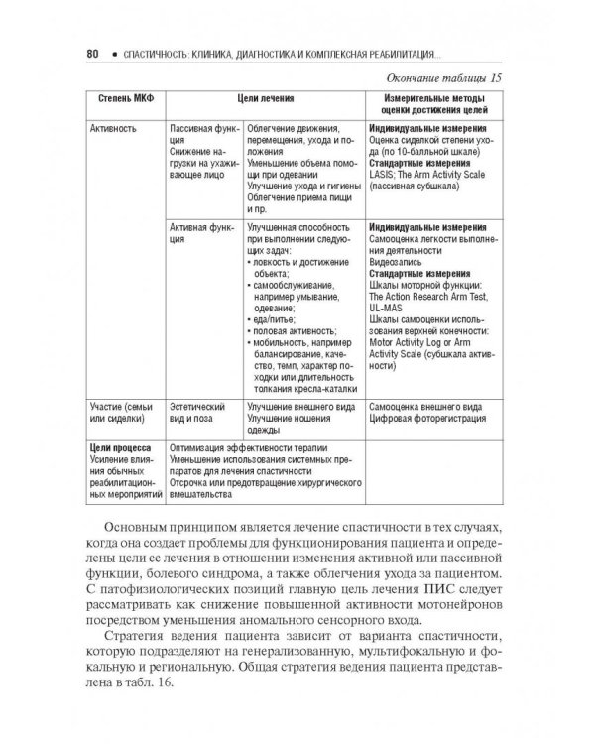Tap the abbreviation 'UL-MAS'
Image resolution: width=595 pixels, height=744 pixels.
click(x=388, y=308)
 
